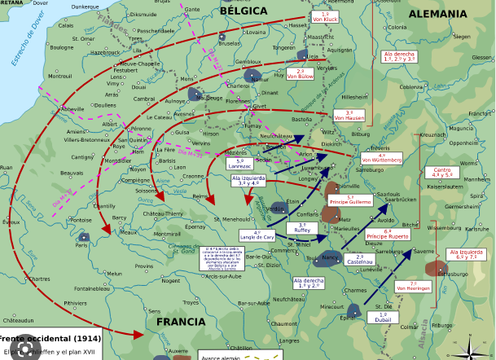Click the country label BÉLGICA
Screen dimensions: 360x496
pos(243,11)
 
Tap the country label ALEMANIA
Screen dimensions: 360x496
pos(437,14)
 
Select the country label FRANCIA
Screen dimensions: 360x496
pos(181,322)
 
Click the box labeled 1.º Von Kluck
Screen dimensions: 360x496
pos(326,17)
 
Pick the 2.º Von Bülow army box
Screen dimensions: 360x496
pos(300,74)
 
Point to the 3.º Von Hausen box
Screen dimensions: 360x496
pos(349,116)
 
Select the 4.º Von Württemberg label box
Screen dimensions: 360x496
pos(382,158)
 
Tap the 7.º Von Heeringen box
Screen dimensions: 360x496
pos(413,286)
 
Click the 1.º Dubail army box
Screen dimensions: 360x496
pos(383,318)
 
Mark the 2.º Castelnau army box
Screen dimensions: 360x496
pos(359,260)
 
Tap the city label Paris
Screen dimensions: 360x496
pos(82,244)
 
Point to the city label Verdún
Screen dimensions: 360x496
pos(275,209)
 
